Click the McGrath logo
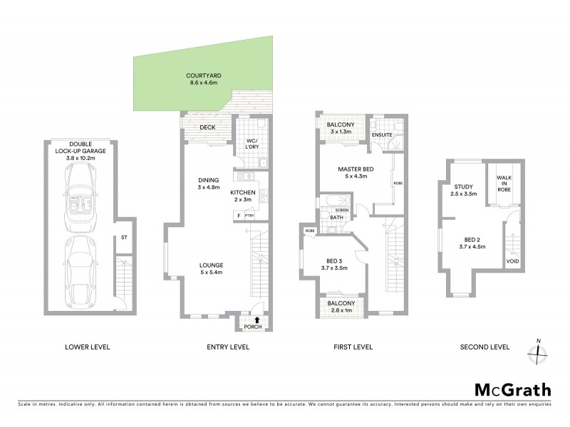coord(513,389)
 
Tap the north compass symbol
coord(538,352)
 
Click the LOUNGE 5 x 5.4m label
coord(212,268)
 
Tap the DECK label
coord(207,128)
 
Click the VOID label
coord(512,261)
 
